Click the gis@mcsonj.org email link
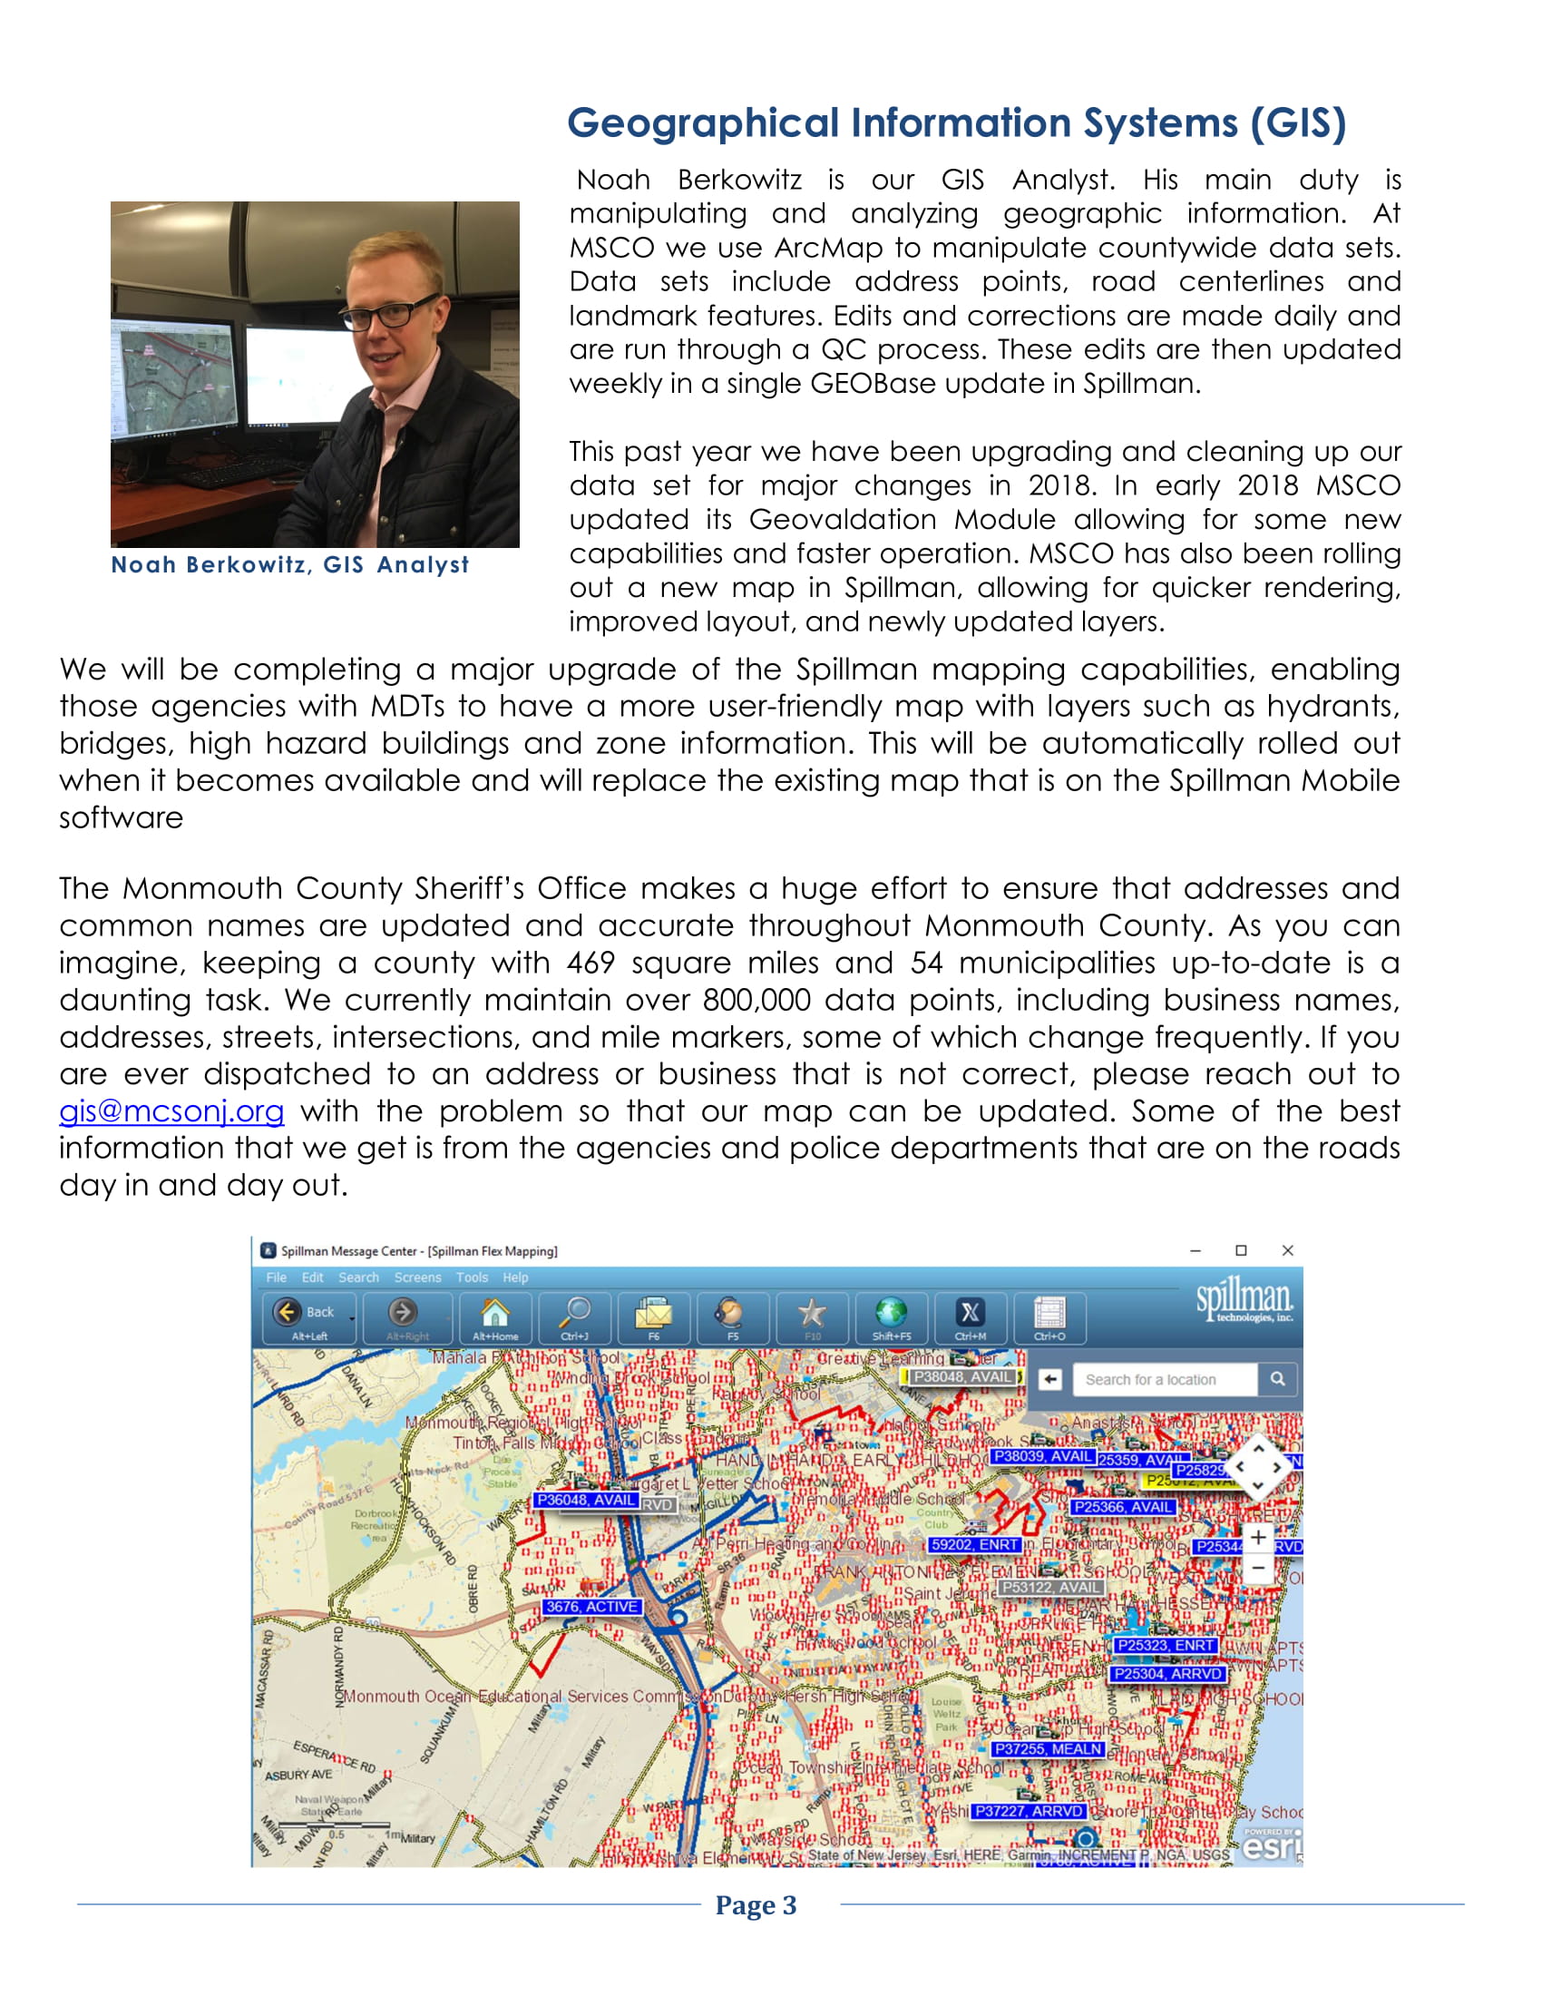click(x=171, y=1111)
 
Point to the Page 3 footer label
click(x=756, y=1905)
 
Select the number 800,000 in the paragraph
click(x=756, y=1000)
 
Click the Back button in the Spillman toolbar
click(x=307, y=1314)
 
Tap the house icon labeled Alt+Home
click(x=495, y=1314)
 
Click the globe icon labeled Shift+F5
click(x=891, y=1314)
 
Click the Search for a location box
click(x=1165, y=1380)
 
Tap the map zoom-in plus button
click(x=1258, y=1538)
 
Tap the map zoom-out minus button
click(x=1258, y=1569)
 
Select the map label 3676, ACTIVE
click(x=592, y=1607)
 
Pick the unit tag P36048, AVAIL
click(x=586, y=1500)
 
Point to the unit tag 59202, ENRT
click(x=974, y=1544)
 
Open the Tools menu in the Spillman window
click(x=472, y=1277)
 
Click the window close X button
click(x=1287, y=1250)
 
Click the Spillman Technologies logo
click(x=1244, y=1298)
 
